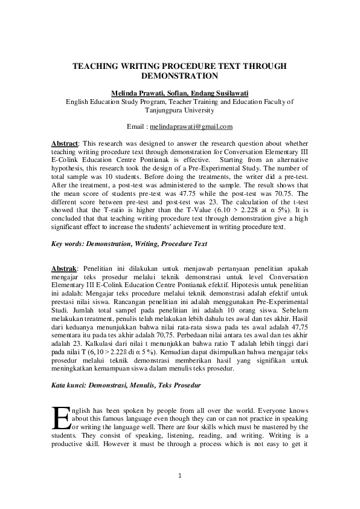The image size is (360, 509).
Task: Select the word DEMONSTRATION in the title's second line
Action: (179, 77)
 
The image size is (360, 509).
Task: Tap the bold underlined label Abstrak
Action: (64, 265)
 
